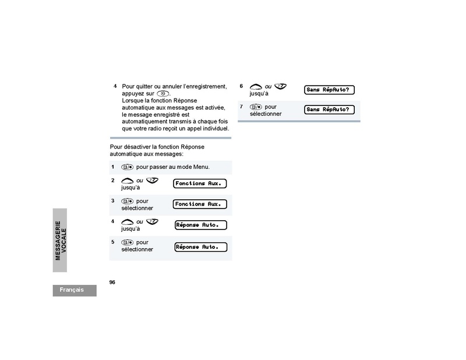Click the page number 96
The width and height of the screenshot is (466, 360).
click(x=112, y=282)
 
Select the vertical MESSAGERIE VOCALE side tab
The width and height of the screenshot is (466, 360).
click(x=61, y=240)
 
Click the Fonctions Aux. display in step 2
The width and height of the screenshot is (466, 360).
click(x=200, y=183)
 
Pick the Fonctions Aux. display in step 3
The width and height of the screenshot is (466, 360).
click(x=200, y=204)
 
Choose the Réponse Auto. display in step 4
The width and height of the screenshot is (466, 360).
click(x=201, y=225)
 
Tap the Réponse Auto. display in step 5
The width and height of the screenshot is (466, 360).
click(x=201, y=247)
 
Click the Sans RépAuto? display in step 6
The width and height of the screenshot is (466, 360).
click(x=330, y=90)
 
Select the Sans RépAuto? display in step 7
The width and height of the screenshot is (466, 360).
click(x=330, y=110)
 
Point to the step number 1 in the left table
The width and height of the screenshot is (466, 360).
click(x=113, y=167)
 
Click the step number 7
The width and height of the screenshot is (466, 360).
click(x=241, y=107)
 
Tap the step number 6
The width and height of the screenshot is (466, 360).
click(x=241, y=86)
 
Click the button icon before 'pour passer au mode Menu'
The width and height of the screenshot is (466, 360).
click(x=128, y=167)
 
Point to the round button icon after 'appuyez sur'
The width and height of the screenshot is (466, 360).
click(x=164, y=94)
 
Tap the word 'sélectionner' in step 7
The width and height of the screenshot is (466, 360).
click(x=266, y=114)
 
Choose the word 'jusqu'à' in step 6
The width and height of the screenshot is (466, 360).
click(x=259, y=93)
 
